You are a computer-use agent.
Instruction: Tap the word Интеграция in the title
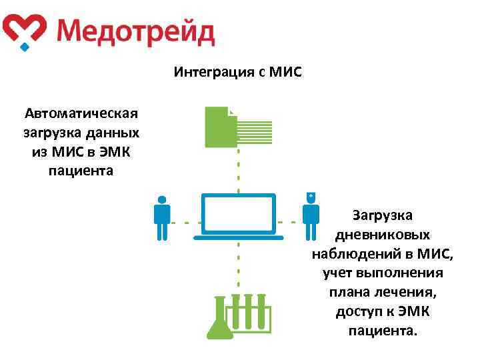pyautogui.click(x=213, y=71)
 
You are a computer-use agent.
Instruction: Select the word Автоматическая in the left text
pyautogui.click(x=81, y=111)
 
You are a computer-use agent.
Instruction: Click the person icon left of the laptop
pyautogui.click(x=162, y=217)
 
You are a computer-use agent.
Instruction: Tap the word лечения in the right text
pyautogui.click(x=407, y=293)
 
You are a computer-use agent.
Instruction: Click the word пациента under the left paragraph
pyautogui.click(x=81, y=170)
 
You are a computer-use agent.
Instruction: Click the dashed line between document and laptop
pyautogui.click(x=238, y=169)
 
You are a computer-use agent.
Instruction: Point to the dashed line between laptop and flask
pyautogui.click(x=238, y=267)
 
